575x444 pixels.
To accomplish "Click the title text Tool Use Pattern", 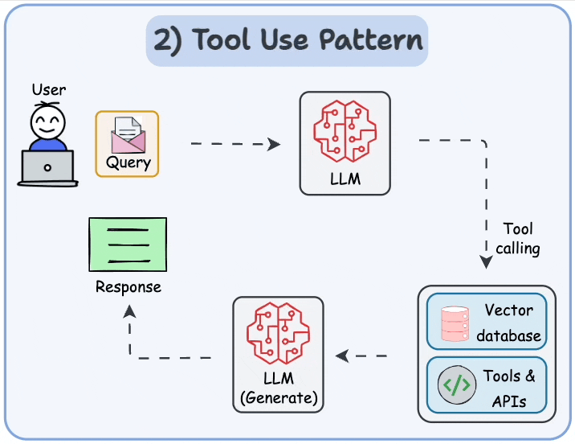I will click(x=287, y=40).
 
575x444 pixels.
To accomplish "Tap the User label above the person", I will click(x=49, y=89).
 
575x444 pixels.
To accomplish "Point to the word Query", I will click(x=128, y=162).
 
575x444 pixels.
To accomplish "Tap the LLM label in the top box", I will click(x=345, y=179).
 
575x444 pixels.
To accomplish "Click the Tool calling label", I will click(x=517, y=239).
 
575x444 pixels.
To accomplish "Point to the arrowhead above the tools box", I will click(x=486, y=262).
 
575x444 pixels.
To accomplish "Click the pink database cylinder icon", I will click(x=455, y=323).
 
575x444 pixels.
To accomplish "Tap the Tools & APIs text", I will click(x=508, y=387).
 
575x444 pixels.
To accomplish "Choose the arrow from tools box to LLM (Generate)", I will click(x=361, y=356).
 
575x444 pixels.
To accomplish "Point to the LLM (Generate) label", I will click(x=278, y=388).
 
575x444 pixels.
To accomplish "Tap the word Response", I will click(x=128, y=287).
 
